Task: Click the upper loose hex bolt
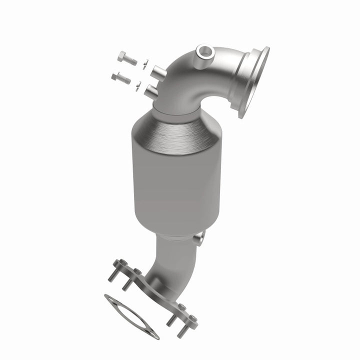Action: point(127,58)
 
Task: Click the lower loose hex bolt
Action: point(121,78)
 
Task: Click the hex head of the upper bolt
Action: point(121,56)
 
